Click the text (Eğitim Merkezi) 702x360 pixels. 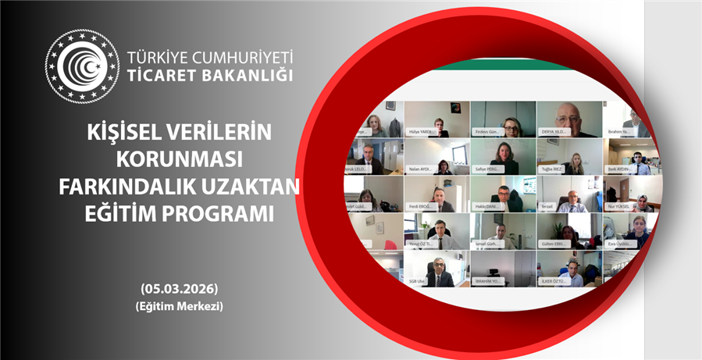180,307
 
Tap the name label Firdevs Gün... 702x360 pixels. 488,133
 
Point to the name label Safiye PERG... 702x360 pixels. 489,169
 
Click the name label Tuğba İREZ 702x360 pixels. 554,169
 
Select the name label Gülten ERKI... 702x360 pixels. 554,244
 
